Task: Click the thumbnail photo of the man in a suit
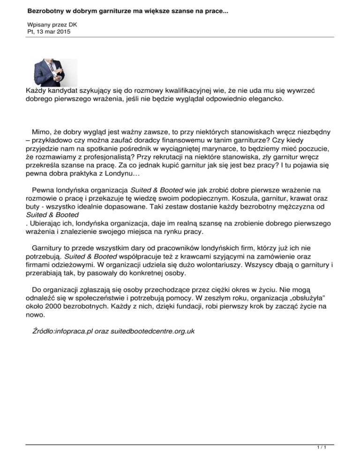pos(55,73)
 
